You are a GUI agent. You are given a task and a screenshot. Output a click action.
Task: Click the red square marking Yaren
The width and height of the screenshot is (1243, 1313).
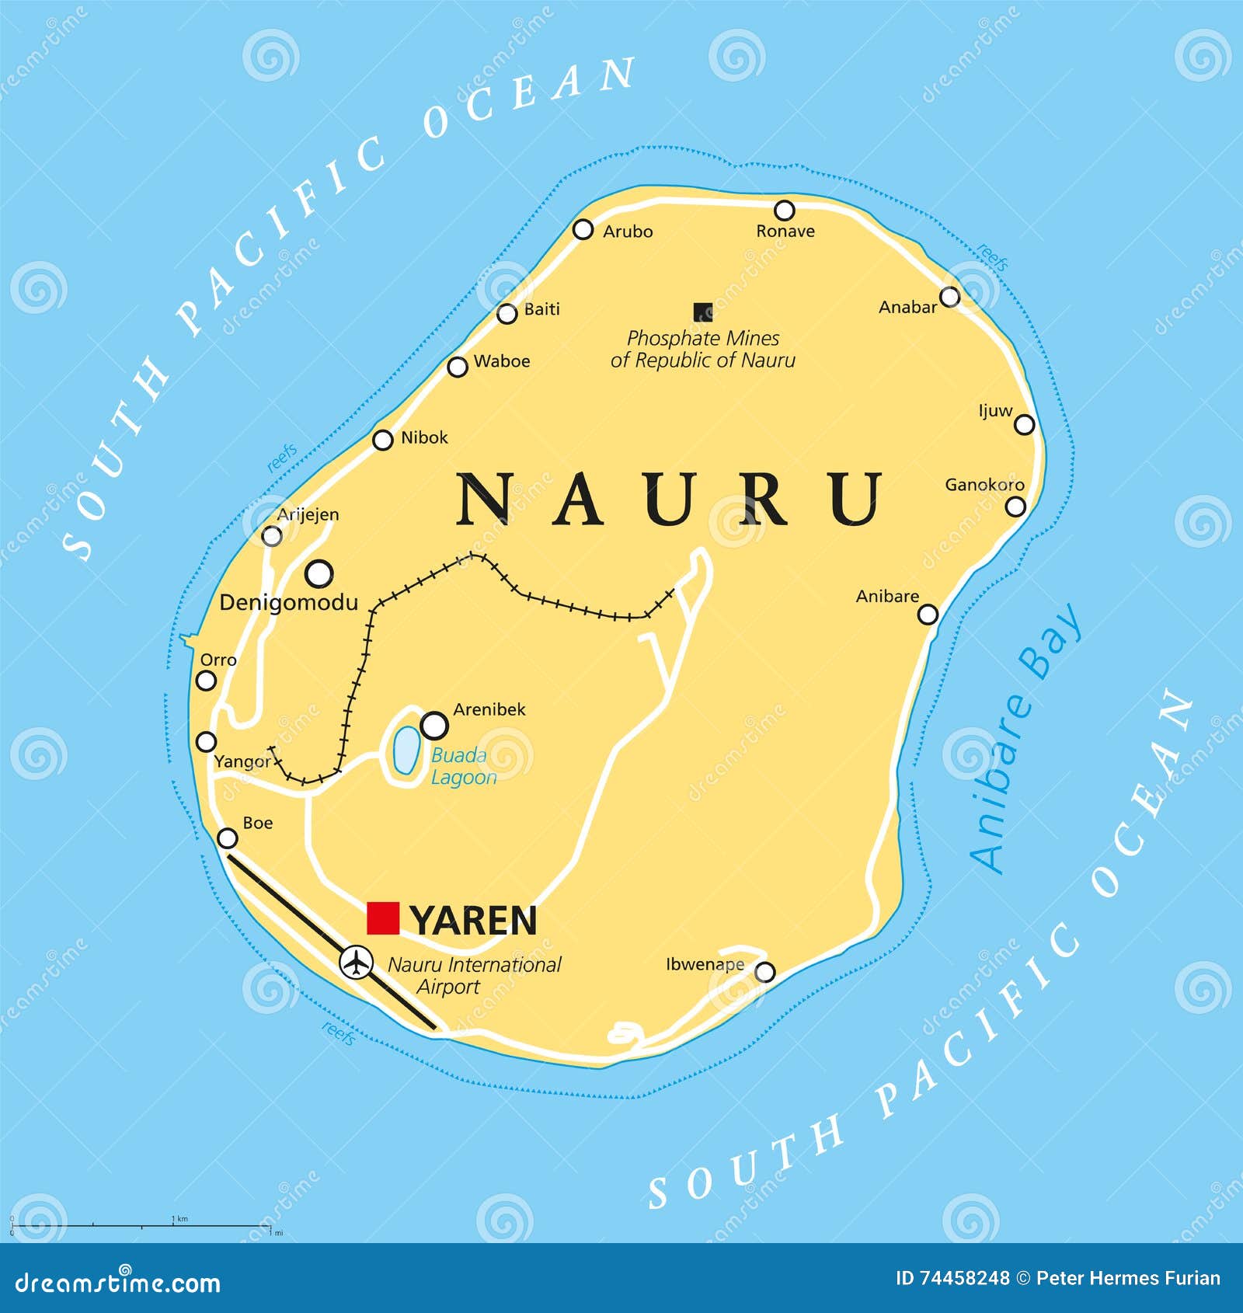coord(383,918)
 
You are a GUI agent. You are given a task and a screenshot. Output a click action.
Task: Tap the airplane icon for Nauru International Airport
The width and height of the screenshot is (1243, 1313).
coord(356,962)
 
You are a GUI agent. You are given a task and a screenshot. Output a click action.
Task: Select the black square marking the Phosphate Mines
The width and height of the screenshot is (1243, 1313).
coord(703,312)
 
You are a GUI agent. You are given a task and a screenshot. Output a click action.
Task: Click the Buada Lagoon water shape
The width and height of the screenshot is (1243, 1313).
coord(406,751)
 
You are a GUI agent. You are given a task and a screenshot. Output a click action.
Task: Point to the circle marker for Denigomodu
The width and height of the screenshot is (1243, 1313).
coord(319,574)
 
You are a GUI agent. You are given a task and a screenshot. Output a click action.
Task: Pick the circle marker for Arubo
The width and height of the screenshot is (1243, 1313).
coord(583,229)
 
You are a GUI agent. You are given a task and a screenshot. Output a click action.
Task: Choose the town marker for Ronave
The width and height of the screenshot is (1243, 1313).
coord(785,210)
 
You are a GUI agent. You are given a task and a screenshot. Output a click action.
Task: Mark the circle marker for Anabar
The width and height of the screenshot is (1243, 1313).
coord(949,297)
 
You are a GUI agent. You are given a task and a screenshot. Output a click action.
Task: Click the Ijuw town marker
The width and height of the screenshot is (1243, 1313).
coord(1025,424)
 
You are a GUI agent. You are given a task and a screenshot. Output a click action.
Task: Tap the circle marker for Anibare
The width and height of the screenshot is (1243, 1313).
coord(928,615)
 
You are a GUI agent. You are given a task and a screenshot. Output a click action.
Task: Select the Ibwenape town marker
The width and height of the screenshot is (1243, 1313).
coord(765,972)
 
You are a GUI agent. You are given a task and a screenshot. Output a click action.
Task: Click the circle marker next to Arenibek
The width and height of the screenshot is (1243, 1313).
coord(434,725)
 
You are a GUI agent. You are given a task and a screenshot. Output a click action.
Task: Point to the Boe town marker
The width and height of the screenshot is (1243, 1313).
coord(227,838)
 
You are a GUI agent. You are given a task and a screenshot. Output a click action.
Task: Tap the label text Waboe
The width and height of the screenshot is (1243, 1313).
coord(502,361)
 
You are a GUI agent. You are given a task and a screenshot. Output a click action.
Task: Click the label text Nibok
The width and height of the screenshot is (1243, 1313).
coord(424,437)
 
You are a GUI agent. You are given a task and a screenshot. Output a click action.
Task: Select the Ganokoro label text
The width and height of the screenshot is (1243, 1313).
coord(984,485)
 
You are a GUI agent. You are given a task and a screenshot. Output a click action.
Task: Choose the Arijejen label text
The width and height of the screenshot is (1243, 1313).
coord(308,514)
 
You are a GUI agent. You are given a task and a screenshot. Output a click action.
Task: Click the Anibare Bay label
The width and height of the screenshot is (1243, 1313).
coord(1025,738)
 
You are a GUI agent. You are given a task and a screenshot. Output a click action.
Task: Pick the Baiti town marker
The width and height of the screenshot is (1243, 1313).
coord(507,314)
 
